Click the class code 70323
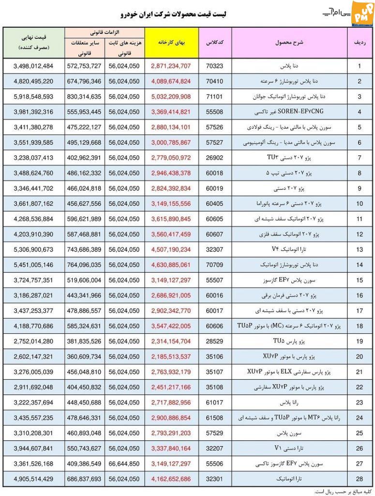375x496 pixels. pos(214,65)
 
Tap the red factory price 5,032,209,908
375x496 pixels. pos(171,96)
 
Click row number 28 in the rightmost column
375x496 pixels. pos(360,479)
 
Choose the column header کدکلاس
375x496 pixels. pos(214,43)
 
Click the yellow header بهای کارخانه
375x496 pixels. pos(171,43)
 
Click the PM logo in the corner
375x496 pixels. pos(360,11)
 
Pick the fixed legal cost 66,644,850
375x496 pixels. pos(124,464)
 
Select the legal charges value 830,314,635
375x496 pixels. pos(85,96)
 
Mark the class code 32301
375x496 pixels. pos(214,479)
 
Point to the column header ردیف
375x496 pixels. pos(360,43)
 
